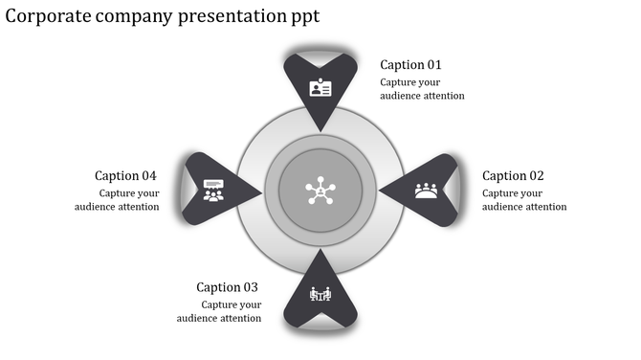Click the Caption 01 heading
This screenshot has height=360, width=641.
coord(410,65)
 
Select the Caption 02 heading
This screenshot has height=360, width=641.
coord(513,176)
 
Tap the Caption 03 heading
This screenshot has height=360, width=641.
coord(227,287)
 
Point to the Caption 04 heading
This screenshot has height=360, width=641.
coord(125,176)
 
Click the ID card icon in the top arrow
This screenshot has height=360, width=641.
coord(320,89)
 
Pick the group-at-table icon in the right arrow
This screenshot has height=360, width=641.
coord(426,191)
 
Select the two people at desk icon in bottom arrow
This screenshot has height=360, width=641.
coord(320,294)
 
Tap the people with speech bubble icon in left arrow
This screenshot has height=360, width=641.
coord(213,191)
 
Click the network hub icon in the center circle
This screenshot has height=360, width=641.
coord(320,191)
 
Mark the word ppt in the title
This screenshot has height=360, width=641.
coord(303,17)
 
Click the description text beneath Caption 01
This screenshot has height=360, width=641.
coord(422,89)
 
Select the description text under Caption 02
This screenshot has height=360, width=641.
coord(524,200)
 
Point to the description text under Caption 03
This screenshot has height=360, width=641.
coord(219,311)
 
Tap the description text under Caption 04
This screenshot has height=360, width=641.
coord(117,200)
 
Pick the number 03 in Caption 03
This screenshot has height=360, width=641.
coord(251,287)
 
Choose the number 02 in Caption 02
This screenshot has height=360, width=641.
coord(536,176)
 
